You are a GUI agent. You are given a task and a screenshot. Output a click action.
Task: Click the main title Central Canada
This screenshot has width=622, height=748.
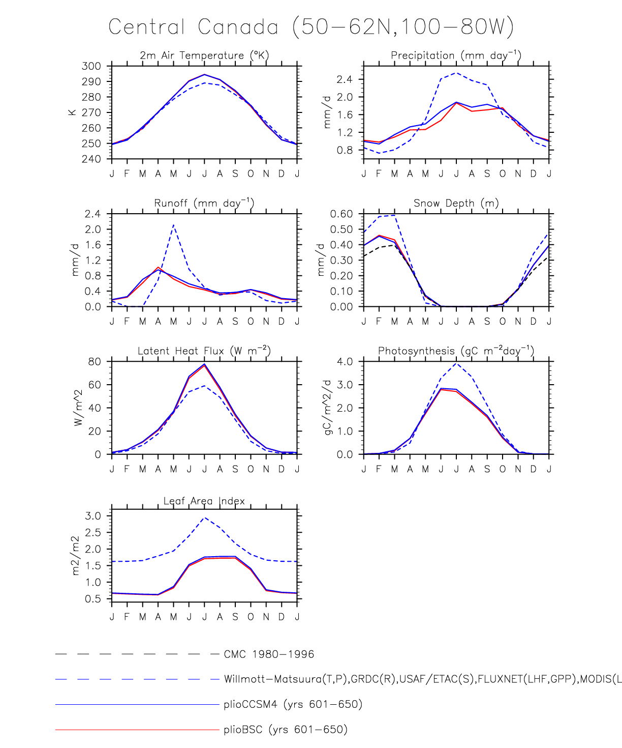[311, 26]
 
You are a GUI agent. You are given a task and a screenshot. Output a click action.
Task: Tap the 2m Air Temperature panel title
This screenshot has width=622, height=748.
[204, 55]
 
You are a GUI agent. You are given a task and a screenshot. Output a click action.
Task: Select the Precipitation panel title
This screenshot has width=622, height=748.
[456, 55]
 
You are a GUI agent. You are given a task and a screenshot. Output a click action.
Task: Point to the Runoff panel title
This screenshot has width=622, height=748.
[204, 203]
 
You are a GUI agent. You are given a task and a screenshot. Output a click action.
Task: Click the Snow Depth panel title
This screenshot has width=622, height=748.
[456, 203]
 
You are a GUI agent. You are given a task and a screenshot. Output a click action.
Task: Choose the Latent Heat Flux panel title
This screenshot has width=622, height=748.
[204, 351]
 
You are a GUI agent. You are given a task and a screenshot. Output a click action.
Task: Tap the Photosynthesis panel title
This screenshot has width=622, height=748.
[456, 351]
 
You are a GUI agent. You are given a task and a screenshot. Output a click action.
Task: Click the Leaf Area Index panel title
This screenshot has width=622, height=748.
[204, 501]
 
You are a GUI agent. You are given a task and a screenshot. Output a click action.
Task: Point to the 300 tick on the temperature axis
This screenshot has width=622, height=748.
[91, 66]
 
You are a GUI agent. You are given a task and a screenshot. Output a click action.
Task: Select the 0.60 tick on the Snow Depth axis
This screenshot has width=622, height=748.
[341, 214]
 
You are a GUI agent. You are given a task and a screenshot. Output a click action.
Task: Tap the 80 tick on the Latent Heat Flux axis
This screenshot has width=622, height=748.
[95, 362]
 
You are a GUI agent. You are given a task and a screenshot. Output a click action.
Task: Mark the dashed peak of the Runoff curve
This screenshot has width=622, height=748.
[174, 225]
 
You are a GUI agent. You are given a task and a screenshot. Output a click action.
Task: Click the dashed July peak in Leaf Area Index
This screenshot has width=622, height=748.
[204, 518]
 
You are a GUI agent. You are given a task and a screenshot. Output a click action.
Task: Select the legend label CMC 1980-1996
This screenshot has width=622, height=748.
[269, 654]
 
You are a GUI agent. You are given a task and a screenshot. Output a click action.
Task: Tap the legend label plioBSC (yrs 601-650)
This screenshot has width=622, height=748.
[286, 730]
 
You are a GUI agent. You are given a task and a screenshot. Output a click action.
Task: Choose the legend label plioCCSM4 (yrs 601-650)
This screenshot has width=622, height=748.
[293, 705]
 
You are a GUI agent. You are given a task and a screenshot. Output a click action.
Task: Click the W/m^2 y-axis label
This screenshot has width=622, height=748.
[78, 408]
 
